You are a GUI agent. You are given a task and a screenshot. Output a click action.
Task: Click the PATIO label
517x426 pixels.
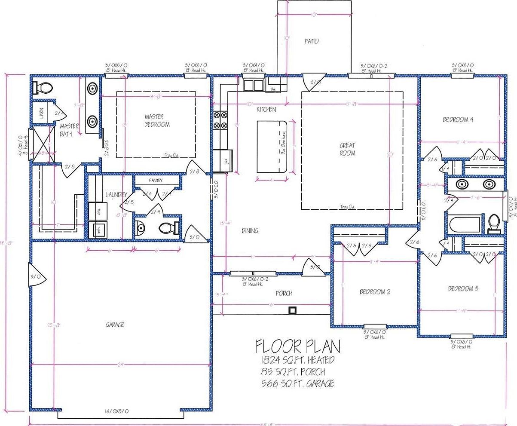point(312,41)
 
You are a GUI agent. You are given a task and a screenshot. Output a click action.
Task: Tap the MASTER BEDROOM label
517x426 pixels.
point(157,120)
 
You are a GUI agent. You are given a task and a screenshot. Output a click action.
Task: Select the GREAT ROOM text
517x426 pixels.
point(347,149)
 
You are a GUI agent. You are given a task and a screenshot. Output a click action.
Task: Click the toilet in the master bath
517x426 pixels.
point(42,88)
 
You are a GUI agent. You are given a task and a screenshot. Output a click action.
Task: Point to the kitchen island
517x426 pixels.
point(272,147)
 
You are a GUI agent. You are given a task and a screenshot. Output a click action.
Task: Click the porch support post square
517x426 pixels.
point(292,310)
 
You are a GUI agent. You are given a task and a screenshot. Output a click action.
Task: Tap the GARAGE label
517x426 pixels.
point(115,325)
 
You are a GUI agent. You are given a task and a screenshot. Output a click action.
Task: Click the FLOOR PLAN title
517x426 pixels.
point(297,346)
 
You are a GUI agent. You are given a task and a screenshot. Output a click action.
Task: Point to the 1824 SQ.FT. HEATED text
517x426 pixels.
point(297,360)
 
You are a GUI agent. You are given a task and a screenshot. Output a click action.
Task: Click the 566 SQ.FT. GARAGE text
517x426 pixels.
point(297,383)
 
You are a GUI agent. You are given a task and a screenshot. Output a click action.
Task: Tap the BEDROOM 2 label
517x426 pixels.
point(375,292)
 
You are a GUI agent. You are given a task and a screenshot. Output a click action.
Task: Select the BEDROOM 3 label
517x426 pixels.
point(463,288)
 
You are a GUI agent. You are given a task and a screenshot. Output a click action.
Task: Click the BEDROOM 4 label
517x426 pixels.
point(458,120)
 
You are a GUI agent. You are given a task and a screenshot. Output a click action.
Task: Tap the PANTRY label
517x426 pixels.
point(155,181)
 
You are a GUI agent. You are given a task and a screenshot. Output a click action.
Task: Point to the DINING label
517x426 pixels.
point(250,231)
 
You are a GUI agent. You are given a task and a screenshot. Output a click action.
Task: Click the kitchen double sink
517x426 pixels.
point(253,85)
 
